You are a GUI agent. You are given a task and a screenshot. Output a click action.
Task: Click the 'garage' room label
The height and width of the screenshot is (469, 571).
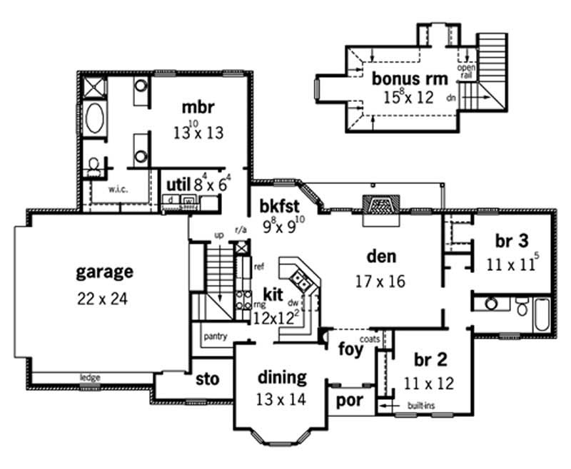tap(104, 272)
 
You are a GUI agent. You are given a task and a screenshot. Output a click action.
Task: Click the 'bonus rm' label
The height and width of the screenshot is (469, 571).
tap(409, 78)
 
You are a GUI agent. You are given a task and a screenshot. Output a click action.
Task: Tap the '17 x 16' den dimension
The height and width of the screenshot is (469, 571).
tap(380, 281)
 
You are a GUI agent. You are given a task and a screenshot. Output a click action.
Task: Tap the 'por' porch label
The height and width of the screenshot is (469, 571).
tap(350, 401)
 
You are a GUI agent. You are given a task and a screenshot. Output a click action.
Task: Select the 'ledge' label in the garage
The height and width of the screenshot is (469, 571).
tap(89, 377)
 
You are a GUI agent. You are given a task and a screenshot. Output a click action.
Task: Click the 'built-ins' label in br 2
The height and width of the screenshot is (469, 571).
tap(419, 405)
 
